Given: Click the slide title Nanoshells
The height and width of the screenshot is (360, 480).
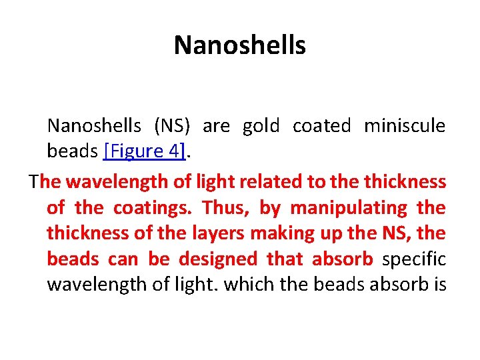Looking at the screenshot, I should [240, 45].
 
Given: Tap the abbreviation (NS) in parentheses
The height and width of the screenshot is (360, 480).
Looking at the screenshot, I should [172, 126].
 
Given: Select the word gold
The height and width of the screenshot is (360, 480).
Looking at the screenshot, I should [261, 126].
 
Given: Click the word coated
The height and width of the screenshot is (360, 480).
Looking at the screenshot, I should [321, 126].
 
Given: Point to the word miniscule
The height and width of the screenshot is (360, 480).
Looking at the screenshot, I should [405, 126].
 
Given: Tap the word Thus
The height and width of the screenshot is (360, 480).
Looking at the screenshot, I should [224, 208].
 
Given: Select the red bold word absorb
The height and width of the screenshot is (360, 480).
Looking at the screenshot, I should [343, 259].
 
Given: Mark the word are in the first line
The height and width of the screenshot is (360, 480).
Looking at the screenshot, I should [216, 126].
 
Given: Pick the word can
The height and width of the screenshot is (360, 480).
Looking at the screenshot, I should [123, 259].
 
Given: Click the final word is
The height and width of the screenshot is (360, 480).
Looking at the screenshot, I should [439, 285].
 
